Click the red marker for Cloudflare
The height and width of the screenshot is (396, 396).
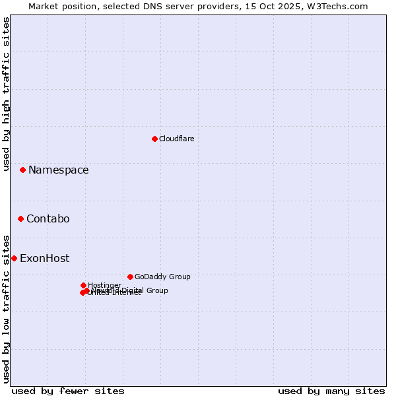pos(154,139)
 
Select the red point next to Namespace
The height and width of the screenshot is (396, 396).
pos(22,170)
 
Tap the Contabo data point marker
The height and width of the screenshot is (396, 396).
pos(20,218)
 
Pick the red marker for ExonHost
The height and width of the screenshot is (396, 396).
pos(14,258)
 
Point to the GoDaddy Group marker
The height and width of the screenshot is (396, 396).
pos(130,277)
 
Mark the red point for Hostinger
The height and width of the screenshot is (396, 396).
pos(83,285)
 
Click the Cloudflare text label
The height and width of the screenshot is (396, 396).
pos(177,139)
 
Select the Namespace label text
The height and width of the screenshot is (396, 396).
pos(58,170)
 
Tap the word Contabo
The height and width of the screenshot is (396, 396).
pos(48,218)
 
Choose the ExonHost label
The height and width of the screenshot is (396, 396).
pos(44,258)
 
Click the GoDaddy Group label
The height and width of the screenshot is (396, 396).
pos(162,277)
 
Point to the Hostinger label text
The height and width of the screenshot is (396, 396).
pos(104,285)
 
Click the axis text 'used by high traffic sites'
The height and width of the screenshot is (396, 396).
pos(6,94)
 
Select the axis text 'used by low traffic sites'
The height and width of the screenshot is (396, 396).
pos(6,308)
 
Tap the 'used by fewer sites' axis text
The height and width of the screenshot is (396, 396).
pos(68,391)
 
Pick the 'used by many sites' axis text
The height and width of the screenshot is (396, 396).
pos(331,391)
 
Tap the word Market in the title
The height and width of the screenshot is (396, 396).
pos(43,6)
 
